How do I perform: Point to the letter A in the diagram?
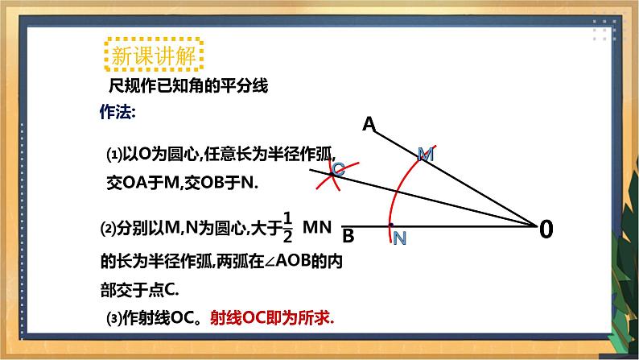(369, 124)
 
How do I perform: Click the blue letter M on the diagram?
(427, 153)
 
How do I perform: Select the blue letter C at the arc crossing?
(338, 168)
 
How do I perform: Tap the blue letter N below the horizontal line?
(399, 239)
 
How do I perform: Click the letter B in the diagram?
(348, 238)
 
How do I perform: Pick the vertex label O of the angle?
(546, 230)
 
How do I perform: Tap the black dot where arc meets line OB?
(391, 225)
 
